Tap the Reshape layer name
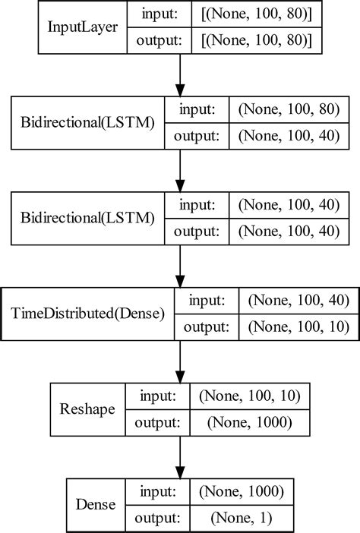click(x=87, y=408)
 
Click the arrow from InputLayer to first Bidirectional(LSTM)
click(x=180, y=77)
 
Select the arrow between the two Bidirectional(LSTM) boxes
click(x=180, y=171)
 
